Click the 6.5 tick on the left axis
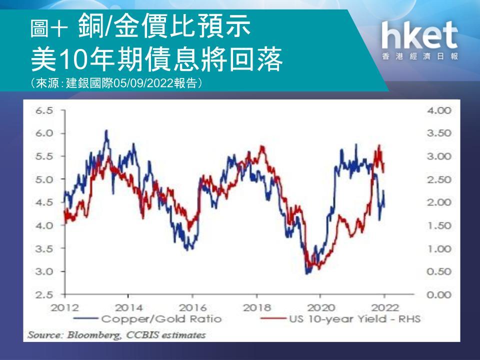pos(44,110)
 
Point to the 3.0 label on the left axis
pos(44,271)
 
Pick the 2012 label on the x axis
pos(65,307)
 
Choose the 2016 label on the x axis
pos(192,307)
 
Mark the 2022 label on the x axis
pos(384,307)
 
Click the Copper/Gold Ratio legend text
pos(161,319)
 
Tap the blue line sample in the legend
pos(85,318)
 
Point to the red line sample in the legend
pos(273,318)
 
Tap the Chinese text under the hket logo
pos(419,56)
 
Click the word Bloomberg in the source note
pos(93,335)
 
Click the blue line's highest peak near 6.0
pos(106,130)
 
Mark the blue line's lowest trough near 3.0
pos(306,273)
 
